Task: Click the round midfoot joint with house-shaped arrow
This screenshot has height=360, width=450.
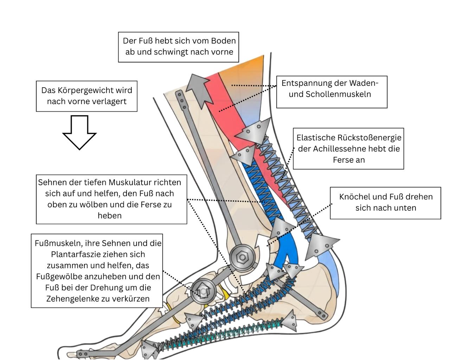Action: pos(203,291)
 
